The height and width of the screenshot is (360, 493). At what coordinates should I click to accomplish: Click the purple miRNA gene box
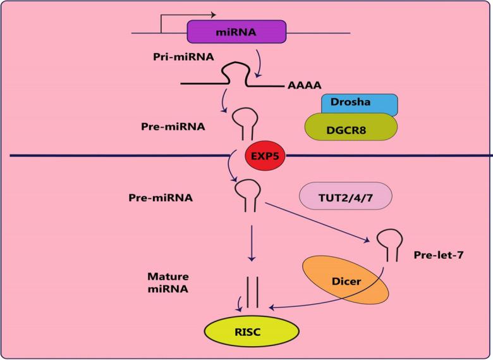click(236, 32)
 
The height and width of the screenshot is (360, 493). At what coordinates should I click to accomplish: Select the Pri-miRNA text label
click(183, 56)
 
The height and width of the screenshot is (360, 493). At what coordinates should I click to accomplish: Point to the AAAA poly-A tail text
click(304, 85)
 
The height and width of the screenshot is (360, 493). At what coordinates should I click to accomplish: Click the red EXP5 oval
click(265, 155)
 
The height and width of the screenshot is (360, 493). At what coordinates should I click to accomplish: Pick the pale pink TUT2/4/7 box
click(346, 196)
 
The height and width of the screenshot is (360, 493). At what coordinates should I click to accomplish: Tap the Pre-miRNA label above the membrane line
click(173, 126)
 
